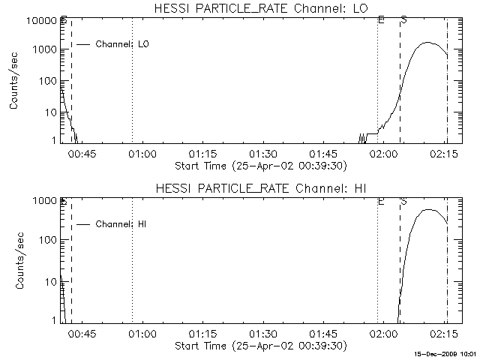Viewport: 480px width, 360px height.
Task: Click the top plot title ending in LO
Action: [259, 8]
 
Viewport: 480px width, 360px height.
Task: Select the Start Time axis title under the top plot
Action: [259, 165]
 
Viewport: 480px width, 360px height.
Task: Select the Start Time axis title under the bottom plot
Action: [259, 346]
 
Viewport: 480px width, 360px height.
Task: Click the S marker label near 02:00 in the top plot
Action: [403, 19]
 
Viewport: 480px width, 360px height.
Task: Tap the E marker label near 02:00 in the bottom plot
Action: [381, 201]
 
